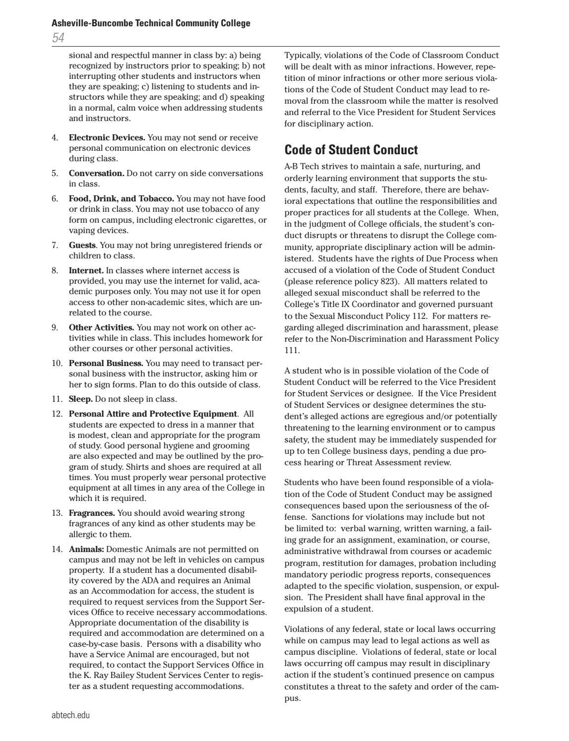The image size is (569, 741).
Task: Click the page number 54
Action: [58, 38]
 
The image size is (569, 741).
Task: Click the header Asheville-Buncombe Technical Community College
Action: [151, 23]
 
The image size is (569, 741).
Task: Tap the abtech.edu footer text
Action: [70, 715]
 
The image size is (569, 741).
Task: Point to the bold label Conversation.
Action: [96, 173]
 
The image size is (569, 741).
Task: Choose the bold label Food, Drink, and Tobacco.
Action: [121, 198]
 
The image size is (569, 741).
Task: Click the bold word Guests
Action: [82, 245]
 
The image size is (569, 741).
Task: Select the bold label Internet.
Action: [86, 270]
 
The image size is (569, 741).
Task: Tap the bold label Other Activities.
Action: [101, 327]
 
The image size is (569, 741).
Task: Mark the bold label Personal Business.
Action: [106, 363]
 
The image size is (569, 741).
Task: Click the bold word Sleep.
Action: [80, 399]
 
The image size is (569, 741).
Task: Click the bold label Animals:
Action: [86, 549]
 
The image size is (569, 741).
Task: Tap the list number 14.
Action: [57, 549]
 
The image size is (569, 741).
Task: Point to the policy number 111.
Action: [292, 350]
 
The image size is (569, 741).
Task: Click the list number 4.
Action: [55, 137]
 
